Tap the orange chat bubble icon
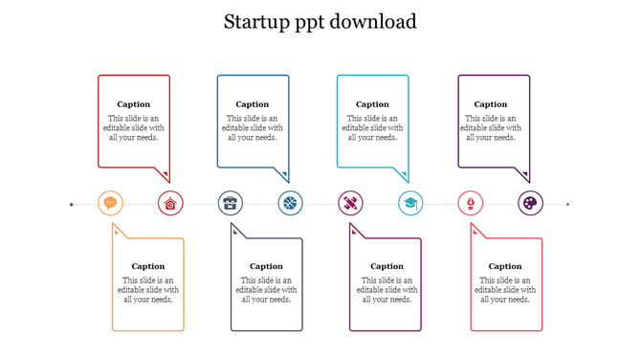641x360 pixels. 111,203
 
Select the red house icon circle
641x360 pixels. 170,203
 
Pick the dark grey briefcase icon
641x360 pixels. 231,203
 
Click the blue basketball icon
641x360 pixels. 291,203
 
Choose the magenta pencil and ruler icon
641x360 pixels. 351,203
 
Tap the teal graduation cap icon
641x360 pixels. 410,203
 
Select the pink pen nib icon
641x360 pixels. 471,203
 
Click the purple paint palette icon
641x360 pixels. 530,203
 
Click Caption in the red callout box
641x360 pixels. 134,104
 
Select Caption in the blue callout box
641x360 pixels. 253,104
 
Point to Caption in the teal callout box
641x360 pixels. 372,104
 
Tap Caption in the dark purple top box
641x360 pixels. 491,104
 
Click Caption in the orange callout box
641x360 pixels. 148,266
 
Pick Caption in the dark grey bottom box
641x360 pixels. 267,266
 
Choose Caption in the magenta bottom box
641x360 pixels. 387,266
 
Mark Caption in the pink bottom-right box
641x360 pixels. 505,266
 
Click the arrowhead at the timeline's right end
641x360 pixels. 568,204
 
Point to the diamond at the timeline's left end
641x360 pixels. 72,204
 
